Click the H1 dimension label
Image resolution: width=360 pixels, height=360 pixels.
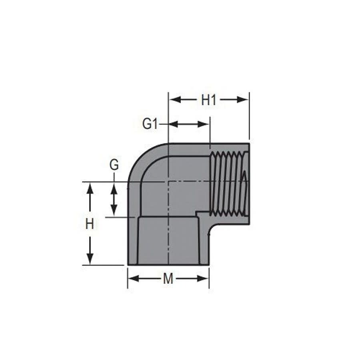click(x=208, y=100)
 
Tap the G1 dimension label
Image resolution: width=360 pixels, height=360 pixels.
click(x=150, y=124)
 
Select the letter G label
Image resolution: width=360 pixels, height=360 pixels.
click(x=114, y=165)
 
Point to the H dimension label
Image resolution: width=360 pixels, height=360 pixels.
click(x=90, y=224)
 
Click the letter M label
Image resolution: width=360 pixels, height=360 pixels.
click(x=168, y=279)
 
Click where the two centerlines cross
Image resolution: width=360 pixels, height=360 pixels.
click(x=168, y=182)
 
